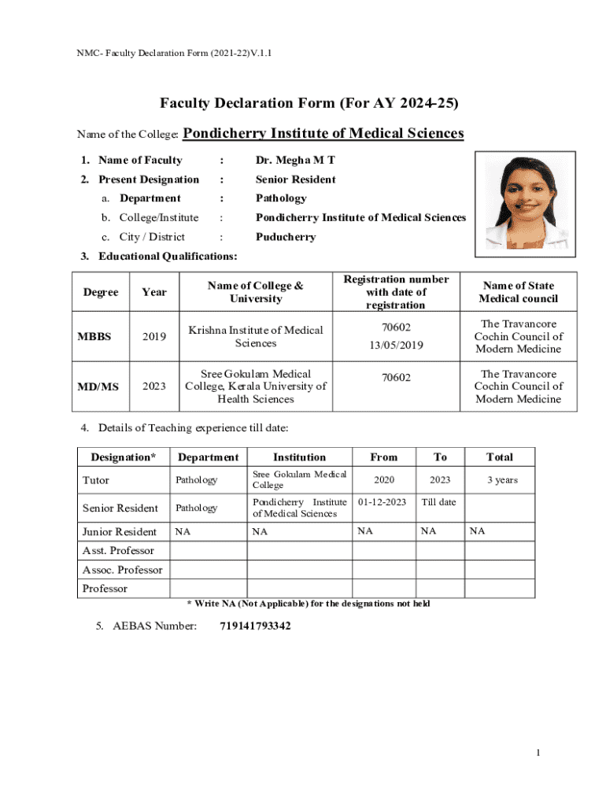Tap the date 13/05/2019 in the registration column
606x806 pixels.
pos(396,345)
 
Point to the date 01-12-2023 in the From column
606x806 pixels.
pos(383,501)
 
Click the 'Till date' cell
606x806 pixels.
pos(439,501)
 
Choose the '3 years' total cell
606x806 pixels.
pos(501,479)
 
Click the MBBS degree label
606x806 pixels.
pos(94,337)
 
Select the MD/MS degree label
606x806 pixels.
pos(98,386)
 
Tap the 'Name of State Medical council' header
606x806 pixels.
pos(518,292)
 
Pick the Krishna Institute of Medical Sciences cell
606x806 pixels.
pos(256,337)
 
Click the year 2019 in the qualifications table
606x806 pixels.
pos(154,337)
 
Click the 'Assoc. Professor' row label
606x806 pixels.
pos(123,570)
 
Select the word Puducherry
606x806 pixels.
pos(286,237)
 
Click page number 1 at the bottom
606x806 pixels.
pos(538,753)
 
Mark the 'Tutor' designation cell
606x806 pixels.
pos(96,480)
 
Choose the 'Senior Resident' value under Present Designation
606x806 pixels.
pos(295,179)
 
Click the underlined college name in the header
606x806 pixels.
pos(323,134)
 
